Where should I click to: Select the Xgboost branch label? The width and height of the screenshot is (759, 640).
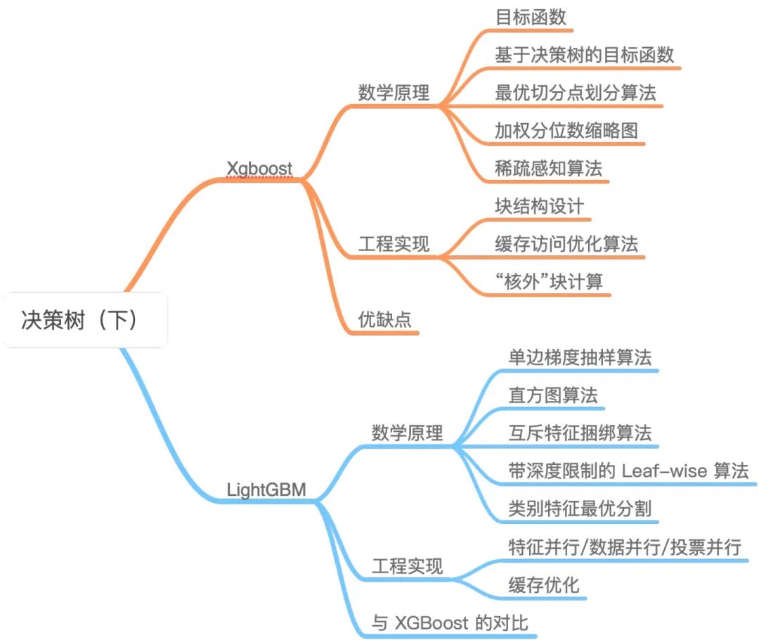point(259,168)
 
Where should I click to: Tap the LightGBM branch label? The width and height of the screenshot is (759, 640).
point(266,489)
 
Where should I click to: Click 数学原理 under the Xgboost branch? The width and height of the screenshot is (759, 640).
point(394,93)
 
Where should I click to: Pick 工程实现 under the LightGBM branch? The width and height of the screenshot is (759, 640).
point(408,566)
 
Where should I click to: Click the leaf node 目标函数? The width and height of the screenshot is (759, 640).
point(531,18)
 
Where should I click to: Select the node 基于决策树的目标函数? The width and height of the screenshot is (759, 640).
point(584,56)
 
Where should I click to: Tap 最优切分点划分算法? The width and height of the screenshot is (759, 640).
point(575,93)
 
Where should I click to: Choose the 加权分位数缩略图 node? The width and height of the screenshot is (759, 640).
point(566,131)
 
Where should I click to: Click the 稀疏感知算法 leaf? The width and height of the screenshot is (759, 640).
point(548,169)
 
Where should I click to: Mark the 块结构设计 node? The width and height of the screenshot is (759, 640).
point(539,206)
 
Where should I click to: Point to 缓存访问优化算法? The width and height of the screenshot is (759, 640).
point(566,244)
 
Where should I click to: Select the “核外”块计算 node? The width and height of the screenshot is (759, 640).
point(548,282)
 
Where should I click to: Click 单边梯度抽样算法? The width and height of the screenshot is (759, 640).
point(580,357)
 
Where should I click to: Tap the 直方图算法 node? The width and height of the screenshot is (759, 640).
point(553,395)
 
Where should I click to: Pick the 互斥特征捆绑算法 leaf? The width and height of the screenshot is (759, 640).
point(580,433)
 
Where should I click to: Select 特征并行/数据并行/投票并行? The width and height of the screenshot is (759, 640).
point(624,546)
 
